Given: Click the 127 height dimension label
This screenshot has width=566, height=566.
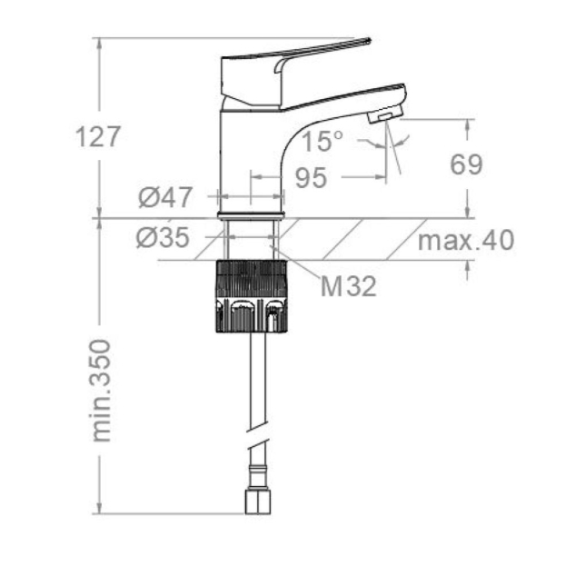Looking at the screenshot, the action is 97,137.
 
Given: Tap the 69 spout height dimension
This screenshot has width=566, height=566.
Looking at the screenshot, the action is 466,164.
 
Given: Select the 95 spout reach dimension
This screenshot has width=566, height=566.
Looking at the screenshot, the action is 311,177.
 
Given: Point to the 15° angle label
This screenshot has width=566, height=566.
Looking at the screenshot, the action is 322,141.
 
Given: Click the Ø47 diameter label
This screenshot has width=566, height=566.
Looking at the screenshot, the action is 165,197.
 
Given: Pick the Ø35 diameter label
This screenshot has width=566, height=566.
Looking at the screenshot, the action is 164,237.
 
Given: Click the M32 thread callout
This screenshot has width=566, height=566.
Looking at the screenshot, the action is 348,286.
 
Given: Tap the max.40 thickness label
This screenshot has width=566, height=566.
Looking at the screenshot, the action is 466,240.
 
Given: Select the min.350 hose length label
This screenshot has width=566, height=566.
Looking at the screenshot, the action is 101,391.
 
